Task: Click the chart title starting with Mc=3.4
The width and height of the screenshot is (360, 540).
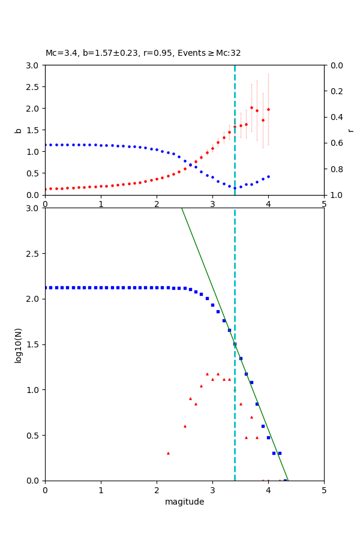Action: (x=143, y=53)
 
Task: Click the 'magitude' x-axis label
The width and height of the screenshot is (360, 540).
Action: (x=184, y=502)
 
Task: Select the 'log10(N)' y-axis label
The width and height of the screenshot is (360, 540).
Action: (x=18, y=344)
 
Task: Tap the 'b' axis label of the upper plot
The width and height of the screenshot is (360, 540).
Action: (x=18, y=130)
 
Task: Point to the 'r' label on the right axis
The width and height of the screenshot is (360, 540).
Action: (x=351, y=130)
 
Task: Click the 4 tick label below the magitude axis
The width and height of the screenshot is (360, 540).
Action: (x=268, y=490)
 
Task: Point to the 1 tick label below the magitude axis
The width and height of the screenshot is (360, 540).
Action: (x=101, y=490)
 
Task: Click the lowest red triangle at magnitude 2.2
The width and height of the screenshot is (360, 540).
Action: (x=168, y=453)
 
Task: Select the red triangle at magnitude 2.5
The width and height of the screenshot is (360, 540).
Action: (x=185, y=426)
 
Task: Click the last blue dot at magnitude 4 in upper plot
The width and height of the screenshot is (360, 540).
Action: (x=268, y=176)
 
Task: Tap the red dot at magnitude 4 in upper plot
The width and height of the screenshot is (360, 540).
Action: (x=268, y=109)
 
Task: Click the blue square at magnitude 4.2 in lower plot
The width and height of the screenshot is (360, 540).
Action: (x=280, y=453)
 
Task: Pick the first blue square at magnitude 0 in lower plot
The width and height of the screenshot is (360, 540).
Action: (x=46, y=287)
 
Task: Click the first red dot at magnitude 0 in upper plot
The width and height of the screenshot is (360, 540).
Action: (x=46, y=189)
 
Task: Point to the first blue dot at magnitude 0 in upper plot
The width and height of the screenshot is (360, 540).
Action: (x=46, y=145)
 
